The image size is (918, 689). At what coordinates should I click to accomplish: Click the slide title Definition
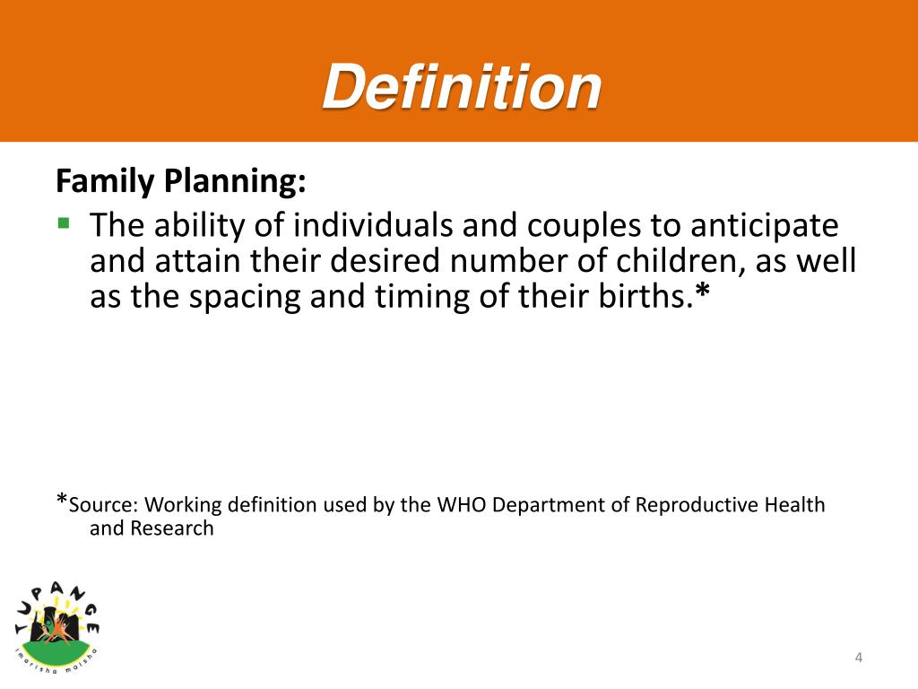(462, 87)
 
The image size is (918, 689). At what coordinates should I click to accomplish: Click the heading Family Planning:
(181, 182)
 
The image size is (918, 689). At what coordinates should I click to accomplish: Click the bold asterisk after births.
(702, 293)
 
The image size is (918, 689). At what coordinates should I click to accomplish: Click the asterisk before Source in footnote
(62, 501)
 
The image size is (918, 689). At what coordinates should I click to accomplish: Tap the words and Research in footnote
(152, 528)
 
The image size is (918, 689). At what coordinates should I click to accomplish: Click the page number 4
(858, 658)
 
